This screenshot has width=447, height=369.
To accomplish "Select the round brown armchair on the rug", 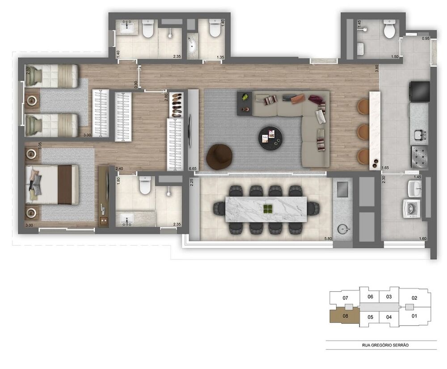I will tap(219, 157).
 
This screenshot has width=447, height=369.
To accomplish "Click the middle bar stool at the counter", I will tap(363, 132).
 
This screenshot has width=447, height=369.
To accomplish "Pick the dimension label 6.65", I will tap(193, 168).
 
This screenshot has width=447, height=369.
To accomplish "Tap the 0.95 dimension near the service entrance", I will tap(426, 39).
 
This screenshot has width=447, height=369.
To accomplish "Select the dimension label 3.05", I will tap(40, 147).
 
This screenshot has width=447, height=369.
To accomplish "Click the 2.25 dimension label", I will tap(191, 182).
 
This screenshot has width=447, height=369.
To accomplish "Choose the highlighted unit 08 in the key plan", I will tap(345, 315).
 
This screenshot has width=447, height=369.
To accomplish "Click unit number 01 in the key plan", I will tap(414, 317).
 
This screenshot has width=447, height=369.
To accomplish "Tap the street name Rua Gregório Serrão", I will tap(381, 345).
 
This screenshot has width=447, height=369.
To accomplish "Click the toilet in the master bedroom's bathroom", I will tap(145, 185).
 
